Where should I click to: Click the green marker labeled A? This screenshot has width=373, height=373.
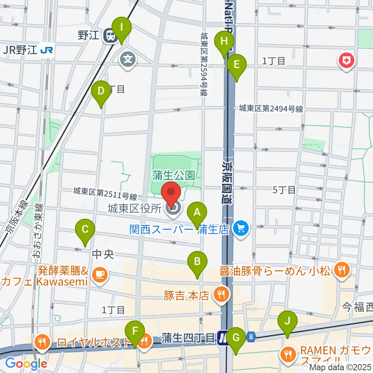point(197,213)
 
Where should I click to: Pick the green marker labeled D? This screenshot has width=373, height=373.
point(101,92)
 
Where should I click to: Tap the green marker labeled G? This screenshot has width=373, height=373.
point(236,338)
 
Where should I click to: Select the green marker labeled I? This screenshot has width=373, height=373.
point(122,28)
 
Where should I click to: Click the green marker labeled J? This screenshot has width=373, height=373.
point(288,322)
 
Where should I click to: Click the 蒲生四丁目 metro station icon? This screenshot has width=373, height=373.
point(222,337)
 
